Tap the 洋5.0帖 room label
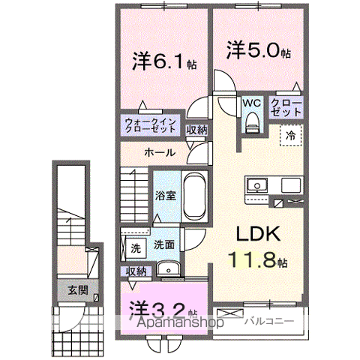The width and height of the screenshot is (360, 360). point(258,51)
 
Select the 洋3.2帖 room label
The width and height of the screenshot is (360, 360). point(162,309)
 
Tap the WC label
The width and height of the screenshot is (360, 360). point(250,103)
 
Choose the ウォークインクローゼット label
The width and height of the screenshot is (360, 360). point(150,124)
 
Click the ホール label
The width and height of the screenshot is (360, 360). point(160,152)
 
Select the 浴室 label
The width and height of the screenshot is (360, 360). point(165,196)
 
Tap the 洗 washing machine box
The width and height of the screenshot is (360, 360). point(136,246)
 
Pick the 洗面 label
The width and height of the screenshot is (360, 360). point(164,244)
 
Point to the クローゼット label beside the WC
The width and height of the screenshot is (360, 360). point(286,106)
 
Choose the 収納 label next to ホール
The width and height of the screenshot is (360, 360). point(196,130)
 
